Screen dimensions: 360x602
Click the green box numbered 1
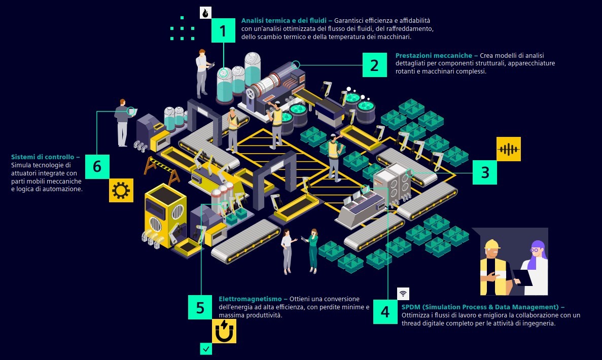tap(223, 30)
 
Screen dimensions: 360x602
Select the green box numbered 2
tap(374, 65)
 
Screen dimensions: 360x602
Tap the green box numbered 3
tap(485, 172)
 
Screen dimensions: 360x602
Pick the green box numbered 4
tap(385, 311)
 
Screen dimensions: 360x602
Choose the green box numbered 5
tap(200, 307)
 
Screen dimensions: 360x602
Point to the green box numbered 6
tap(97, 166)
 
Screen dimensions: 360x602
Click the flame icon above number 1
tap(205, 13)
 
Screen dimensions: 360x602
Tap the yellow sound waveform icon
tap(508, 149)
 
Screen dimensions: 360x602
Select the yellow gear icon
tap(121, 191)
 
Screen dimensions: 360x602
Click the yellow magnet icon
tap(224, 331)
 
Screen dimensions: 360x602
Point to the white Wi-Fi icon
tap(403, 294)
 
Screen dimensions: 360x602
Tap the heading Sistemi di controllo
tap(45, 157)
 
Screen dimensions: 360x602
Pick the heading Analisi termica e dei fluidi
tap(287, 21)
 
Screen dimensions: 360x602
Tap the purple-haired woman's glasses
tap(536, 250)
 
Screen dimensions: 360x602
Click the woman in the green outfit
tap(313, 251)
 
